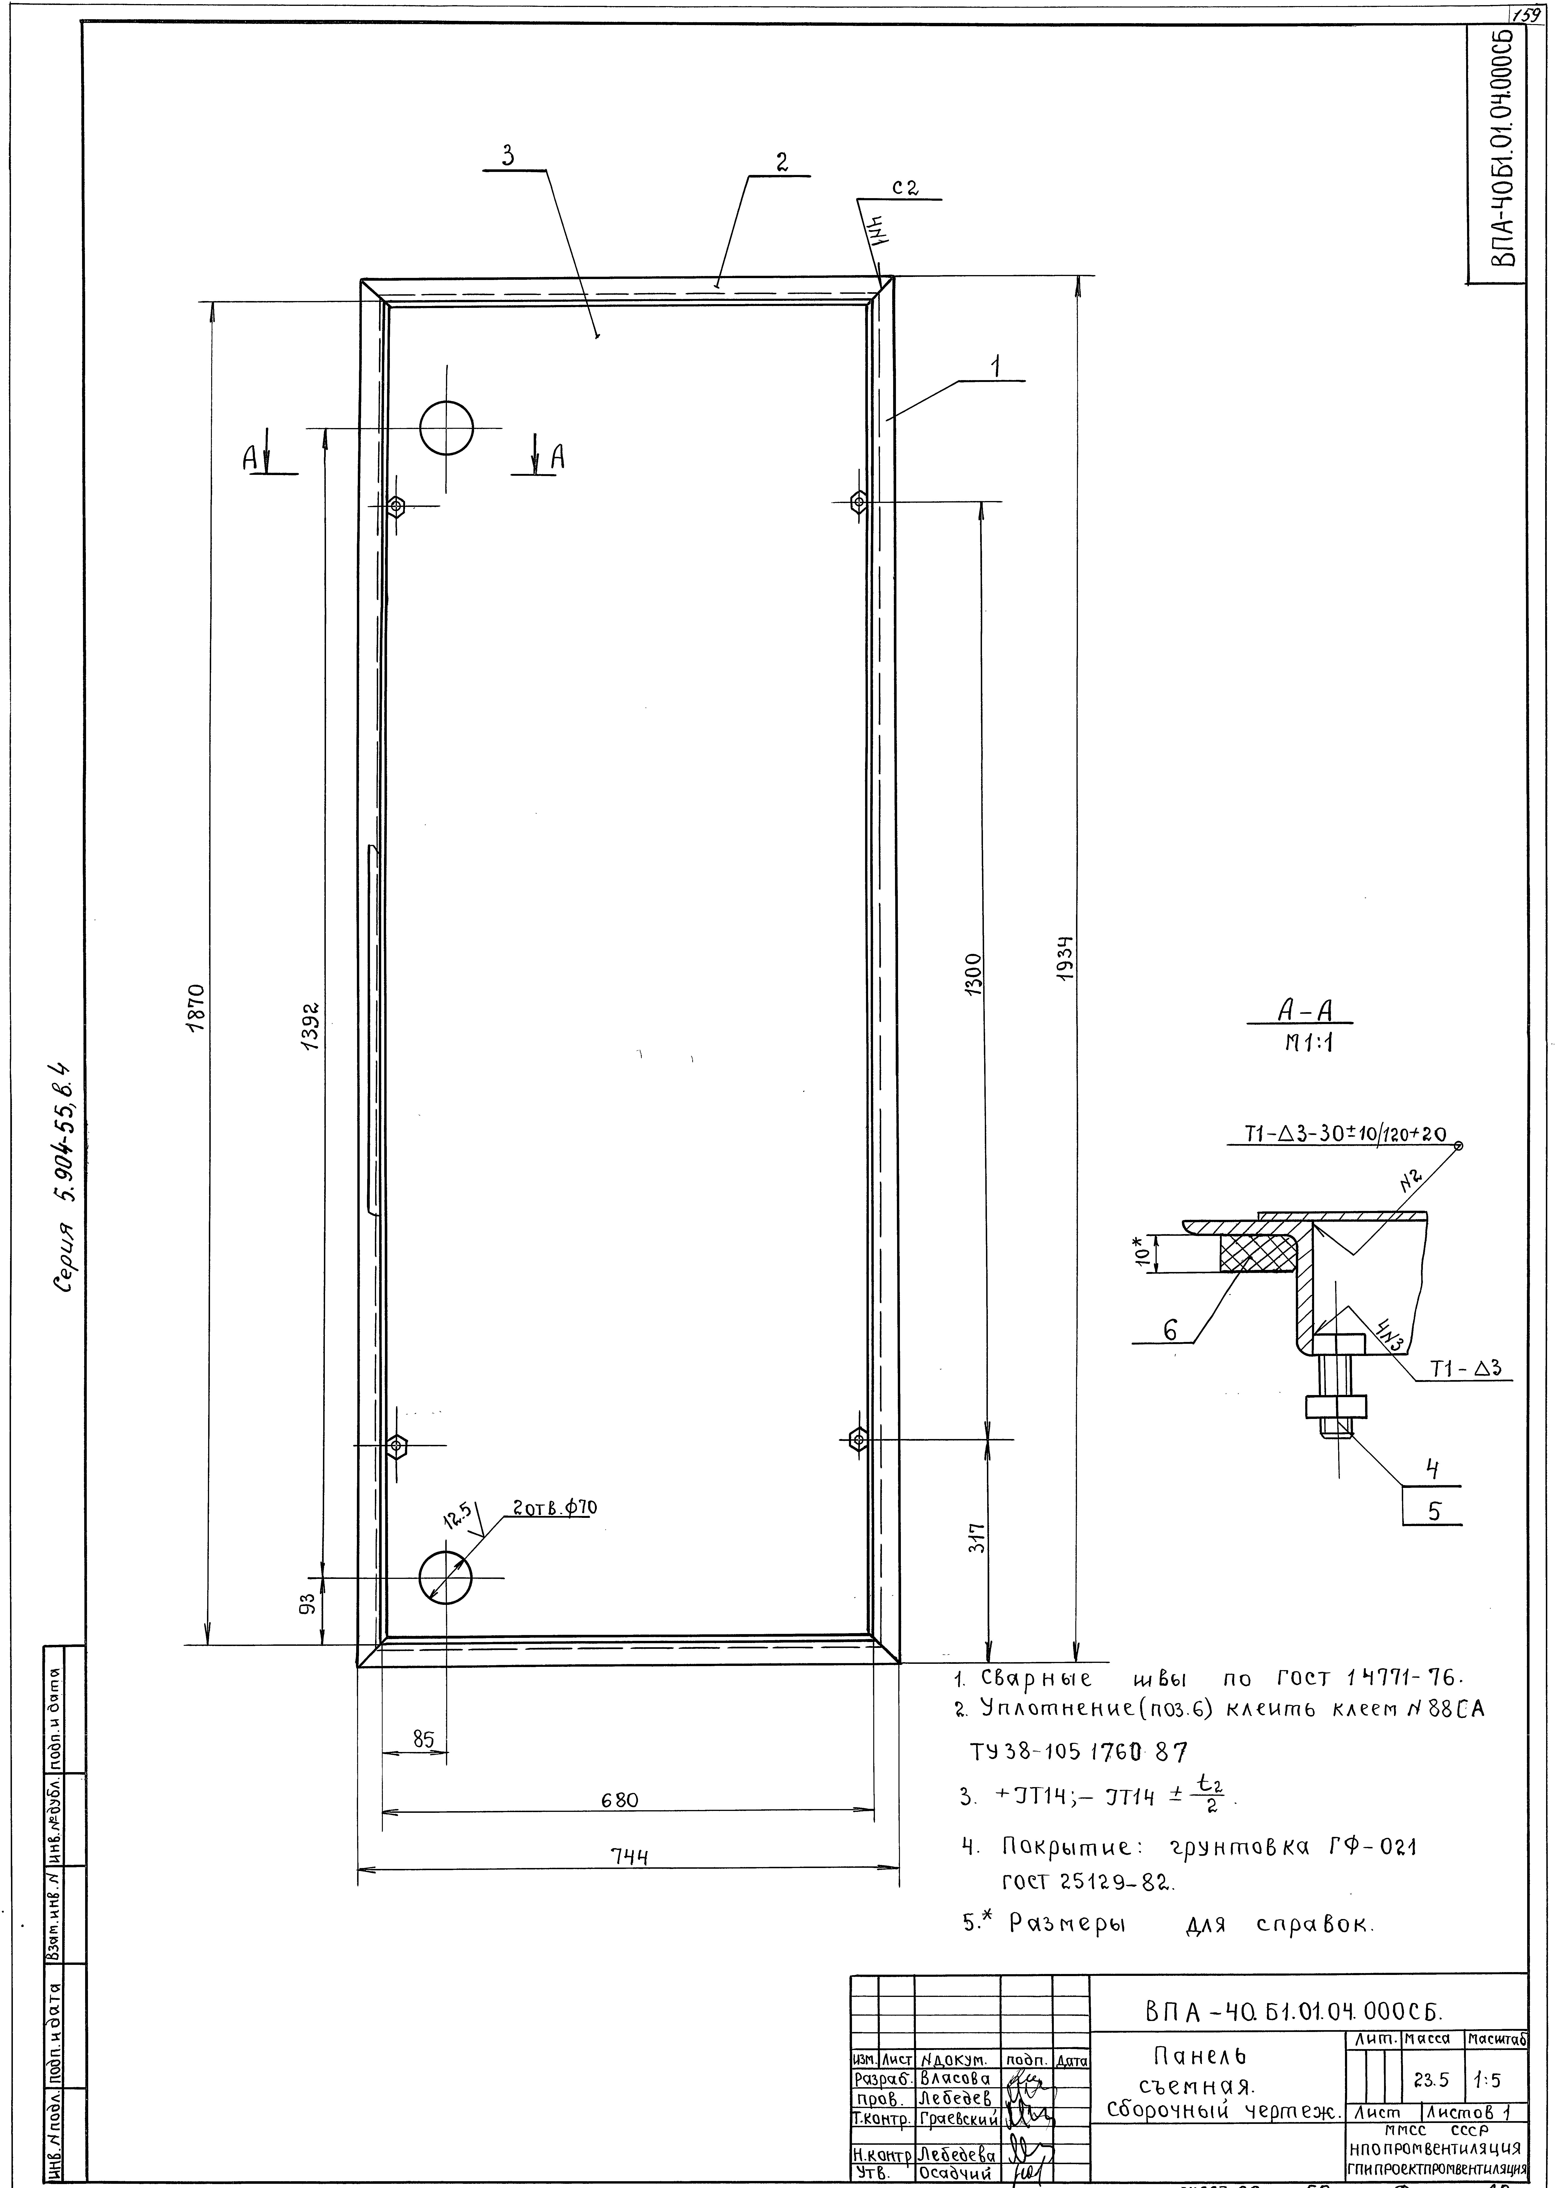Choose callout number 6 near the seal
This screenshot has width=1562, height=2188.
point(1171,1330)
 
